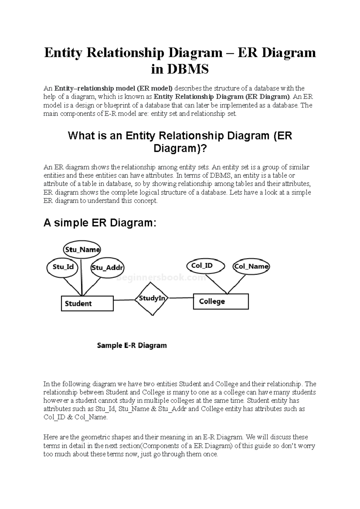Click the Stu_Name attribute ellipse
click(82, 249)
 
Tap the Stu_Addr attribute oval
click(107, 268)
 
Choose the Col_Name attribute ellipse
click(251, 266)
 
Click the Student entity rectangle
click(87, 303)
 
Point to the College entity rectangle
click(220, 301)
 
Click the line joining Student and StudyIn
click(124, 300)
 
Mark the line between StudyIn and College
click(180, 298)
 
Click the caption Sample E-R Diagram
click(132, 345)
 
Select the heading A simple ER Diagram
click(100, 223)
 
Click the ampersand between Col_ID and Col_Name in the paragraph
click(70, 417)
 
